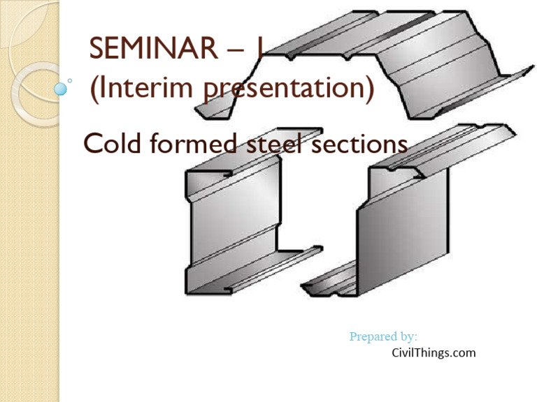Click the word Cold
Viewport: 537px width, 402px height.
[112, 144]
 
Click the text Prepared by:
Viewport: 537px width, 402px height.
[383, 337]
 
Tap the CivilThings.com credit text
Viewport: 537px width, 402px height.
[434, 352]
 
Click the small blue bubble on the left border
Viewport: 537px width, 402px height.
[61, 88]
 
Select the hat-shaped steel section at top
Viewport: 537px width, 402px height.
[371, 63]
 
